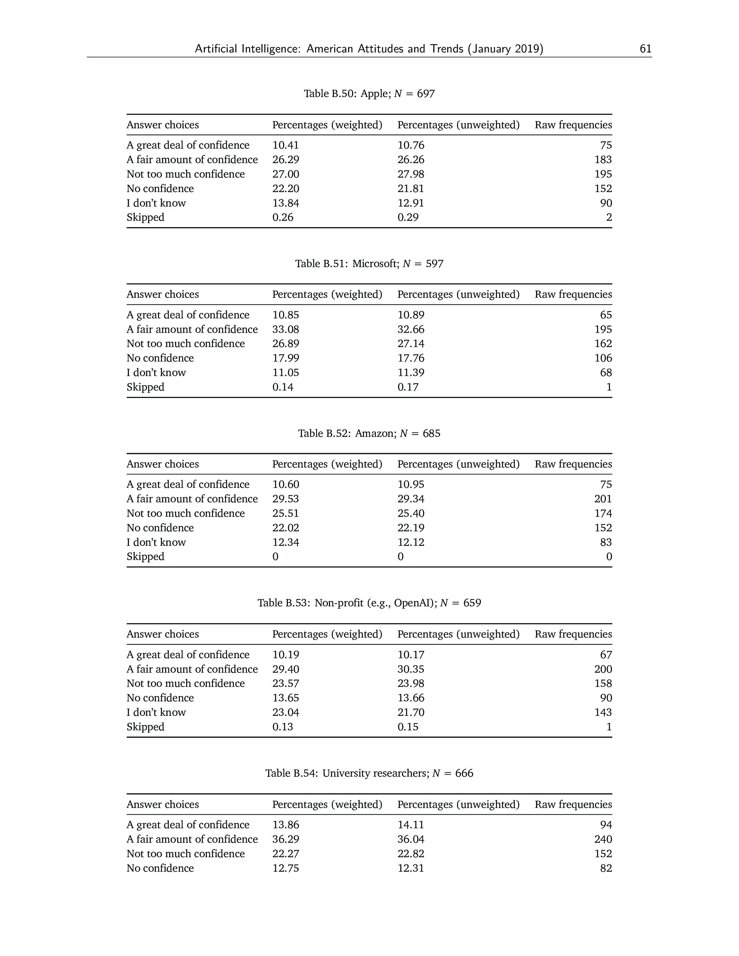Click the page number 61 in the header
pos(645,49)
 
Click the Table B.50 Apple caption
pos(369,94)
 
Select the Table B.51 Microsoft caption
pos(369,264)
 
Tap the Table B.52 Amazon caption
pos(369,433)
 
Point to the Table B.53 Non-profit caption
pos(369,603)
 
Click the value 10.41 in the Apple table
pos(285,145)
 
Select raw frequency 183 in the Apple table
pos(603,160)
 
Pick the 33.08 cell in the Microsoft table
pos(285,329)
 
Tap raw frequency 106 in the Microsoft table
pos(603,358)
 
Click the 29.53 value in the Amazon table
pos(285,499)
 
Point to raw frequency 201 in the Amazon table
pos(603,499)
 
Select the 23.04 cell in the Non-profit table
pos(285,712)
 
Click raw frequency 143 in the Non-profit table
pos(603,712)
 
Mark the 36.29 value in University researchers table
pos(285,839)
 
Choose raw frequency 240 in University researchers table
pos(603,839)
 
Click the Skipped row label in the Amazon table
pos(145,557)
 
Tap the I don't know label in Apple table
pos(156,203)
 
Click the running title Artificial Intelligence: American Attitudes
pos(369,49)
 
